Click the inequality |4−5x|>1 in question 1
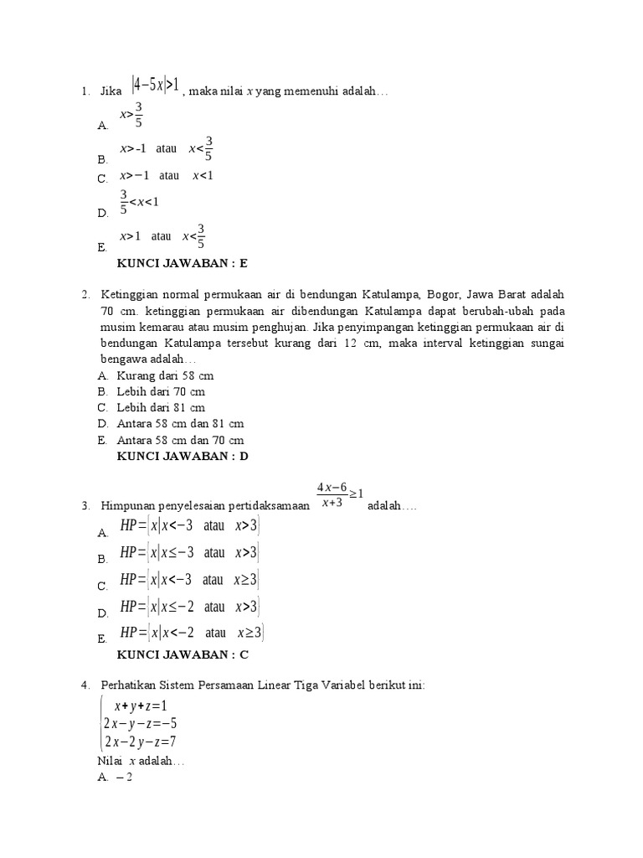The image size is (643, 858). [156, 86]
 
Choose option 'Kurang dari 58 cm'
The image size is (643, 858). [160, 375]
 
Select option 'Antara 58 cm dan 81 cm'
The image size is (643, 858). [180, 424]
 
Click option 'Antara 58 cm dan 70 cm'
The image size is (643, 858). [180, 440]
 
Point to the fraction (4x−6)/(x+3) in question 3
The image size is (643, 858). [332, 495]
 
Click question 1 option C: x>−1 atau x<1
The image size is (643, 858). [167, 176]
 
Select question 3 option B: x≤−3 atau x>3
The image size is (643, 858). [190, 552]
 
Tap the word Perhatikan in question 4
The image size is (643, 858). [127, 685]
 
